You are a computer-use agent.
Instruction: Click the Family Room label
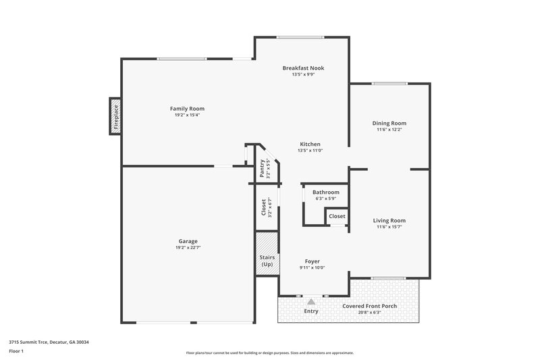(x=187, y=109)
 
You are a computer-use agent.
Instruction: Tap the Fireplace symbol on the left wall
(x=115, y=116)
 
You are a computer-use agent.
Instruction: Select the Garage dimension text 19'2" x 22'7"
(x=188, y=248)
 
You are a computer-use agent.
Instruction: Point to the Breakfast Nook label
(x=303, y=68)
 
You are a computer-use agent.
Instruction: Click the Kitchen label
(x=309, y=144)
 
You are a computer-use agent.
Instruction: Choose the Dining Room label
(x=389, y=123)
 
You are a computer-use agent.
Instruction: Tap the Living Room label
(x=389, y=220)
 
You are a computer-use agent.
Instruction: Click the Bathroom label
(x=325, y=192)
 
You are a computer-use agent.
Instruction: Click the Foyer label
(x=312, y=261)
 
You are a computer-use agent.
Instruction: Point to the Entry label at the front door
(x=311, y=311)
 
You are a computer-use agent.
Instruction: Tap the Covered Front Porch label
(x=369, y=306)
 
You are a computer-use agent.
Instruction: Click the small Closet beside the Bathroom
(x=337, y=216)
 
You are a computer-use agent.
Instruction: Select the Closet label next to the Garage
(x=263, y=207)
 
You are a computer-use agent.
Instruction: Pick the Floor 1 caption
(x=16, y=352)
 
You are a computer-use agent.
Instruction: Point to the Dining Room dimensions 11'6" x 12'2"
(x=389, y=130)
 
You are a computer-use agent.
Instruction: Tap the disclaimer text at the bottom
(x=269, y=353)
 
